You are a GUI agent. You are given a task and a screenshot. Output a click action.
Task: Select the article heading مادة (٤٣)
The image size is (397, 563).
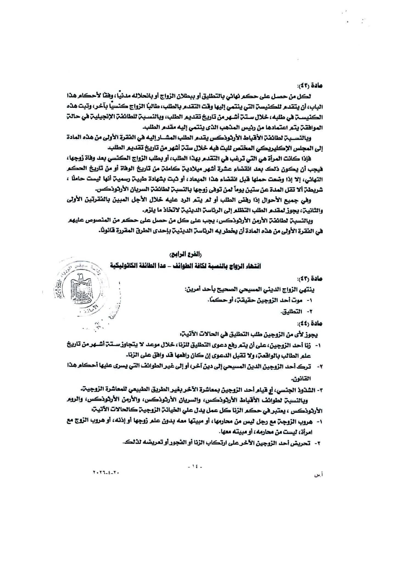[314, 279]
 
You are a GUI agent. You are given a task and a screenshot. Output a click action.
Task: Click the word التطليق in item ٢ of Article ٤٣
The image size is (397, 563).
[294, 312]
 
